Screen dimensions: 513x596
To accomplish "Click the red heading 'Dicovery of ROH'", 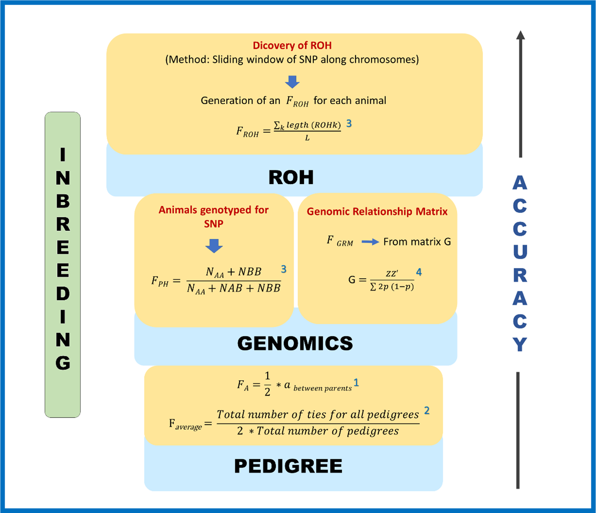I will (x=292, y=45).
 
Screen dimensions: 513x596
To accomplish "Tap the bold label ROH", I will (x=291, y=177).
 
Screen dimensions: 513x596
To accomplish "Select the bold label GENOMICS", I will (x=295, y=343).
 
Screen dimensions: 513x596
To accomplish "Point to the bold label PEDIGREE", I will (x=288, y=466).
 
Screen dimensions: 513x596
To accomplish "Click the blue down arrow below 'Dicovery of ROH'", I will (x=292, y=82).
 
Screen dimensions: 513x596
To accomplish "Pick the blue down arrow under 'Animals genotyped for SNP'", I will (x=214, y=246).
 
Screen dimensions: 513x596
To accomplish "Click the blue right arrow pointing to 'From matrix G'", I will (x=370, y=242).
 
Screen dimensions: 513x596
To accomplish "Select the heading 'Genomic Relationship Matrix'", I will (x=377, y=212).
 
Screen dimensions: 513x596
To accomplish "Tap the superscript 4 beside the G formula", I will (x=419, y=272).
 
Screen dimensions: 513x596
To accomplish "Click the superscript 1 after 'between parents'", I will (x=356, y=383).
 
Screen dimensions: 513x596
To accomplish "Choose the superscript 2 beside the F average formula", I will (x=427, y=410).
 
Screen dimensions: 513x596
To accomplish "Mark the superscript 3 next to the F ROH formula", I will (x=349, y=123).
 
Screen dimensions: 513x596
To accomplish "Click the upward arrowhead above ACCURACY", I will (x=520, y=35).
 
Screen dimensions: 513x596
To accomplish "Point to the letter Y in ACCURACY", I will (x=520, y=345).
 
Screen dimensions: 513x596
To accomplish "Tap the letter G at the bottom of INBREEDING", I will (x=63, y=363).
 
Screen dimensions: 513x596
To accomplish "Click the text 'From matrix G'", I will (x=417, y=242).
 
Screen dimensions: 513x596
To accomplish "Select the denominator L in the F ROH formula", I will (x=307, y=138).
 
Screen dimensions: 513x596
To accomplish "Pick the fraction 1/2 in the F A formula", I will (x=267, y=384).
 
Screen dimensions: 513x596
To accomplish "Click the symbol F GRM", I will (x=340, y=241).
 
